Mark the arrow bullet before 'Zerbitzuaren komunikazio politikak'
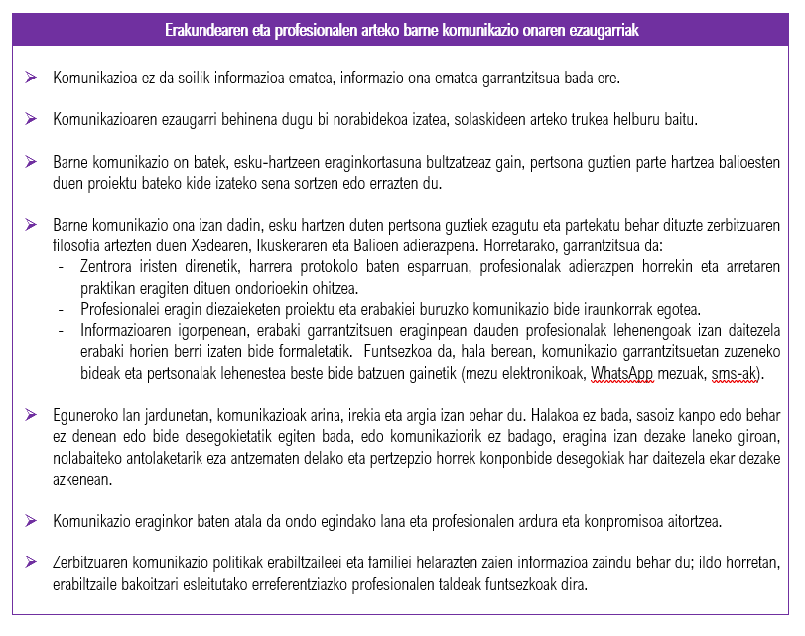point(31,564)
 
